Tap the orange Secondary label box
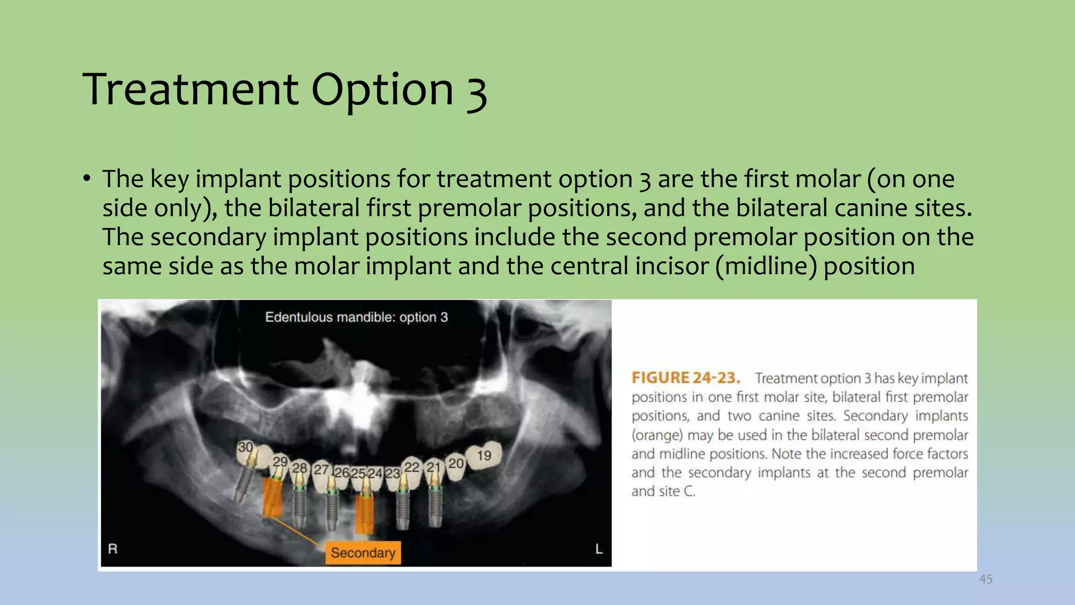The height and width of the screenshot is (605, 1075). point(363,552)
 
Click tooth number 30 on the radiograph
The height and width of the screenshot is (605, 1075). point(245,447)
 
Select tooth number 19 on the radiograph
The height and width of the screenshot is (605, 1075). point(484,455)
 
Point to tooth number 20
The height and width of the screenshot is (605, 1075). point(456,463)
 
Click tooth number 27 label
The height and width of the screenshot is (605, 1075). point(321,470)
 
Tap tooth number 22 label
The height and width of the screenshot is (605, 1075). point(412,467)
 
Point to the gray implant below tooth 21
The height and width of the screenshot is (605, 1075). point(435,504)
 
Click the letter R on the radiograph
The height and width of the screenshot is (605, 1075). point(113,549)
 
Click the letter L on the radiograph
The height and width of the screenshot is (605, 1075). point(599,549)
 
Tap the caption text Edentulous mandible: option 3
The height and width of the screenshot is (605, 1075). point(356,317)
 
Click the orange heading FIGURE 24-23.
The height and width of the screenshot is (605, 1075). point(686,378)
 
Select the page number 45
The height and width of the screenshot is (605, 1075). point(986,579)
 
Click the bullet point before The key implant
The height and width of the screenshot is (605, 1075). point(87,179)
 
